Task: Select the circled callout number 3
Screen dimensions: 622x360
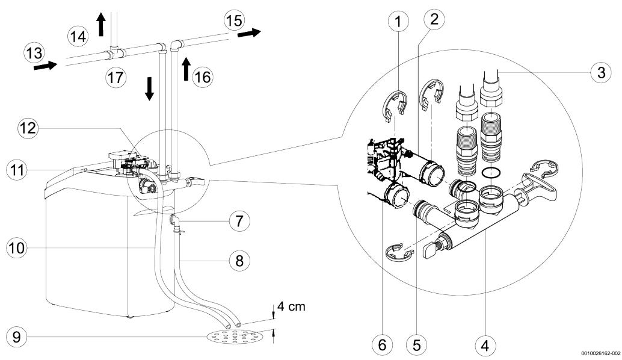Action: coord(602,73)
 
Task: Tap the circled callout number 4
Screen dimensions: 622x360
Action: coord(485,346)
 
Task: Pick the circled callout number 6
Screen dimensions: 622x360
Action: coord(382,345)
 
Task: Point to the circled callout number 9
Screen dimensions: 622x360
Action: coord(17,337)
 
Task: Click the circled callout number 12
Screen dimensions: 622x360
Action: coord(28,128)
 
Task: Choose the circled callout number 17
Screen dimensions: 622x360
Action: coord(116,77)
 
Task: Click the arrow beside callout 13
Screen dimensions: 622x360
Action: coord(45,66)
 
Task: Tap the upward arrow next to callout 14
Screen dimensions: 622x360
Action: coord(101,24)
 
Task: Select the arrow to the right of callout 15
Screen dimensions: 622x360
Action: coord(249,33)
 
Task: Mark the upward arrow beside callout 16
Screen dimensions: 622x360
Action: coord(186,69)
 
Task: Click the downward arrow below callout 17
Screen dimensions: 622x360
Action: coord(149,88)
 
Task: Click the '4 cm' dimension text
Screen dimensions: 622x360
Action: coord(291,306)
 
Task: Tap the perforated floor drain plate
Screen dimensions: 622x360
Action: coord(235,337)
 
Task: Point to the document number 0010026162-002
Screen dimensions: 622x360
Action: coord(601,353)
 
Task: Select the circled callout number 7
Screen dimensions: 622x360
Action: coord(239,221)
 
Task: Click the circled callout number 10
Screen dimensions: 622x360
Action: coord(17,249)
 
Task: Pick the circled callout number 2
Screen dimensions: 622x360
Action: coord(434,18)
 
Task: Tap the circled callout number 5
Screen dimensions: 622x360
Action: coord(416,345)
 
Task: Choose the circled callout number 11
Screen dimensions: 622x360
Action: coord(17,170)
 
